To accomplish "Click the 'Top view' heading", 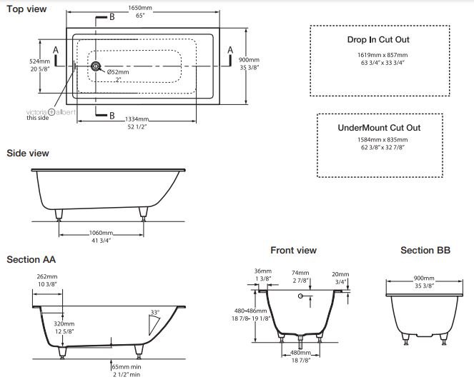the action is tap(26, 9).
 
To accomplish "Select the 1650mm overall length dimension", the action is tap(140, 8).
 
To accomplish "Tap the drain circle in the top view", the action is tap(96, 66).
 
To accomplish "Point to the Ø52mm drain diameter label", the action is tap(118, 72).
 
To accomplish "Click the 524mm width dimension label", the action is tap(39, 61).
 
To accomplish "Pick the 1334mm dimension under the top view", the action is tap(137, 119).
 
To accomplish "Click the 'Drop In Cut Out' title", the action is tap(378, 39).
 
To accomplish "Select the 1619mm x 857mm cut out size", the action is tap(382, 55).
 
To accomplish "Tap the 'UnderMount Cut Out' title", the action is tap(379, 128).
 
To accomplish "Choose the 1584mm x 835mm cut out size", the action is tap(382, 140).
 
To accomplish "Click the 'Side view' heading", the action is tap(28, 153).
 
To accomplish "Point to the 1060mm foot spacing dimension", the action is tap(101, 233).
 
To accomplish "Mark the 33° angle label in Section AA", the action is tap(154, 312).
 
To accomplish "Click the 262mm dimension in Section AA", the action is tap(47, 276).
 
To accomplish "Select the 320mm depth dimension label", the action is tap(64, 323).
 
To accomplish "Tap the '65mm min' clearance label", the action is tap(127, 367).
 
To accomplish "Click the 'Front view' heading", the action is tap(293, 251).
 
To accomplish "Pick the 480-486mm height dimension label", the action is tap(251, 311).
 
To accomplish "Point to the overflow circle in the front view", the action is tap(300, 296).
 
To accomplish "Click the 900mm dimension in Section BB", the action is tap(424, 278).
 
